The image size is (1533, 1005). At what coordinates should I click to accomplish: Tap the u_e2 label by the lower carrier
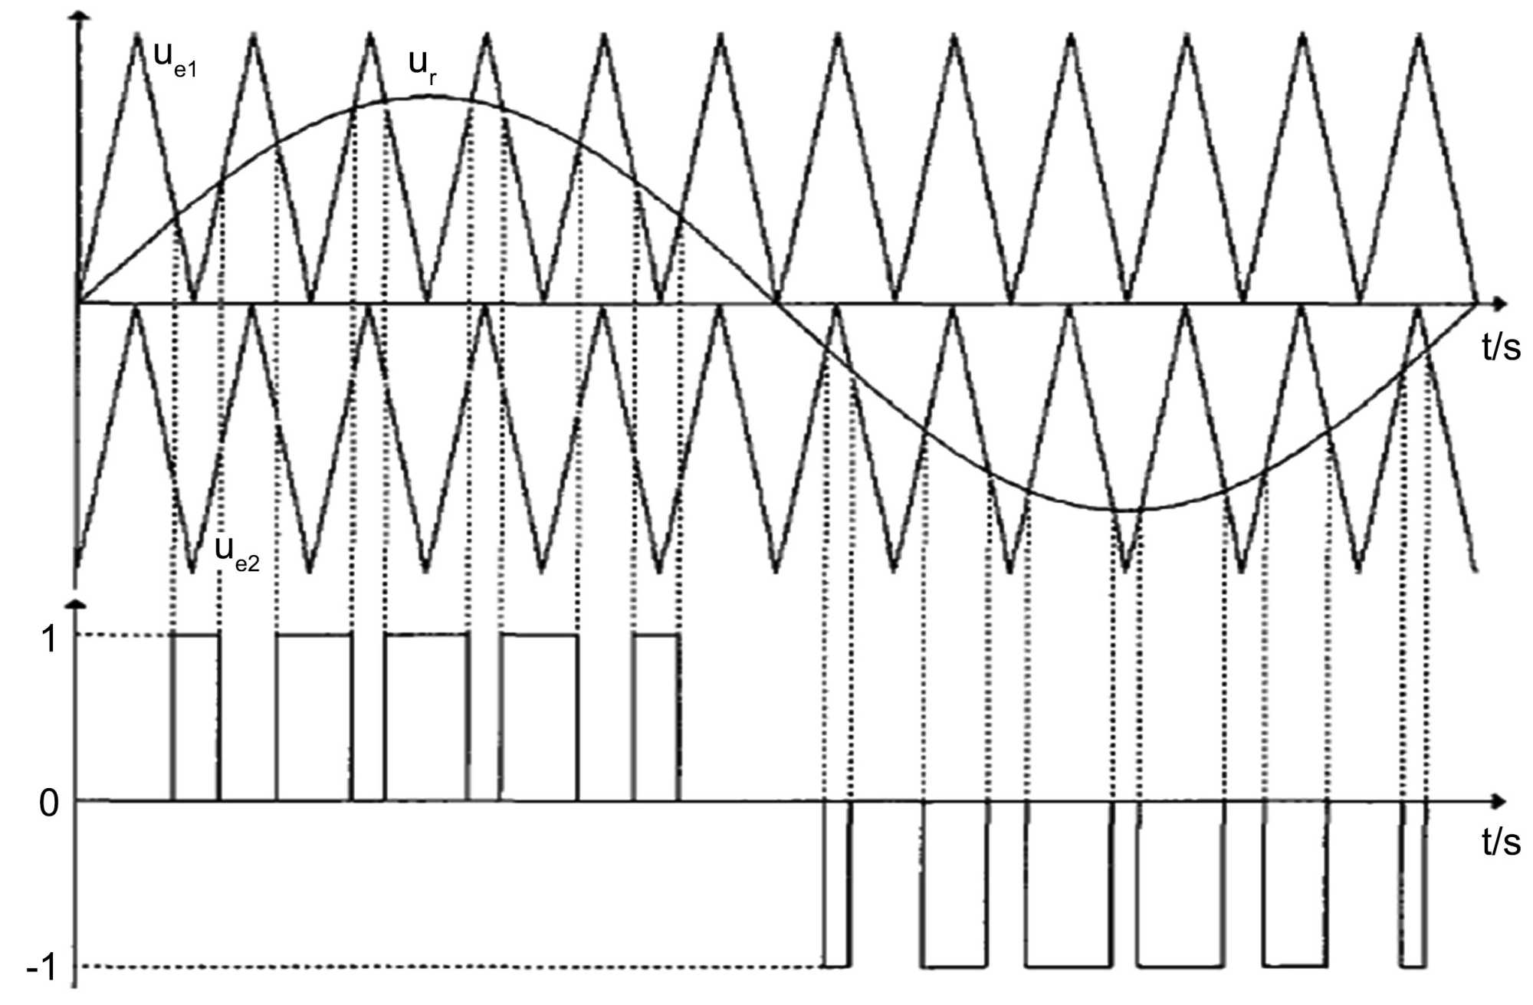(x=237, y=553)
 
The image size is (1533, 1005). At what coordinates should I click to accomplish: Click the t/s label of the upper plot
(x=1501, y=347)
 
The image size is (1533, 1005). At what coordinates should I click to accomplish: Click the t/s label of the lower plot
(x=1501, y=842)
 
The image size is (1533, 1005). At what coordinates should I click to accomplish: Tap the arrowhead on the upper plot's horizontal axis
(x=1499, y=304)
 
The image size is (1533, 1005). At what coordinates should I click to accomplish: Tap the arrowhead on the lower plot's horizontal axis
(x=1499, y=802)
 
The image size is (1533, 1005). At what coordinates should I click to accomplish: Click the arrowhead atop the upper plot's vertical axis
(x=76, y=17)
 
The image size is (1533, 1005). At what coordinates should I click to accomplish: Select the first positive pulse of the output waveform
(x=196, y=717)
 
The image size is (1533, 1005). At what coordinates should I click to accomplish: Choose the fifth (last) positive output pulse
(x=657, y=717)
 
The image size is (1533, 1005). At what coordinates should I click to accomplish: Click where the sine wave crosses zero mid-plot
(x=776, y=304)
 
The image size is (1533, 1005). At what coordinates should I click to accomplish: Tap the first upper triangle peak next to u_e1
(x=137, y=35)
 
